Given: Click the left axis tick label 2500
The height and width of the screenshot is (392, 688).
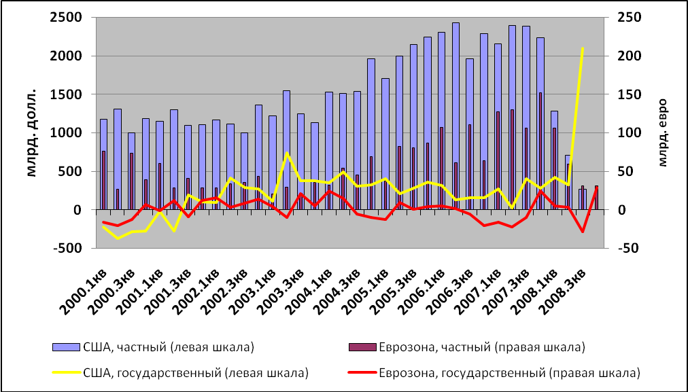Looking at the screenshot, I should [x=69, y=18].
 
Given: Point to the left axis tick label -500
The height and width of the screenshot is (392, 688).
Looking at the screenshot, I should [x=69, y=249].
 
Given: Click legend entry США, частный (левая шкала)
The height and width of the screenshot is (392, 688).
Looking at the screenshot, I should [x=152, y=348].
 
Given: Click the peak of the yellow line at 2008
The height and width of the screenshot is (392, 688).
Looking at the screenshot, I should [x=583, y=48].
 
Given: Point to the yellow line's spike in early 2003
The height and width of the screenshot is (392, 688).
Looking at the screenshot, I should [x=287, y=153].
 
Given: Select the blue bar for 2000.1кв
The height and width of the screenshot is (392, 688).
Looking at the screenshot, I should [x=103, y=164].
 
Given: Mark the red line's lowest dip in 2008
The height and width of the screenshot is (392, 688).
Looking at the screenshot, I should [x=583, y=232].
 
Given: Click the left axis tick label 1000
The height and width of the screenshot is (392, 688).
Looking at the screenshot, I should [x=69, y=133].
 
